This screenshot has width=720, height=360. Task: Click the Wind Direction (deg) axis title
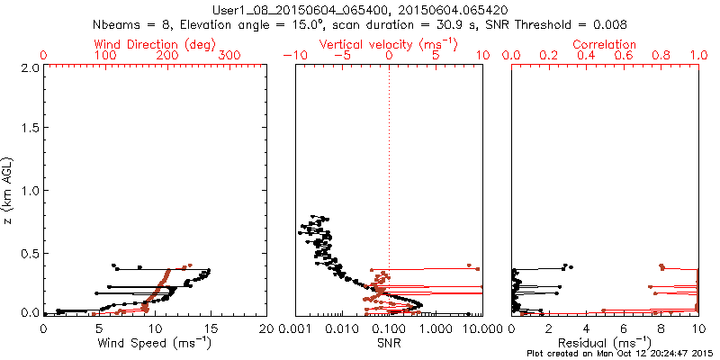pos(154,44)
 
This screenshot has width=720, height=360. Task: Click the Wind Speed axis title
pos(155,343)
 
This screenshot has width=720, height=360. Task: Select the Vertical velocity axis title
pos(388,44)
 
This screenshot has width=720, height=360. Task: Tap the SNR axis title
pos(389,343)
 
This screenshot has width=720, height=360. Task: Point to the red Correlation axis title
pos(605,44)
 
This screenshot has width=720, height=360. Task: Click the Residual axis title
pos(605,343)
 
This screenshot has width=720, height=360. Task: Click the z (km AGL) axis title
pos(9,190)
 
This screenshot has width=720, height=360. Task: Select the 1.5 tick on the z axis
pos(30,130)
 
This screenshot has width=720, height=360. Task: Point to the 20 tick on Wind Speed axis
pos(266,328)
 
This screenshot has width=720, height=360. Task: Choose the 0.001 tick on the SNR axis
pos(295,328)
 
